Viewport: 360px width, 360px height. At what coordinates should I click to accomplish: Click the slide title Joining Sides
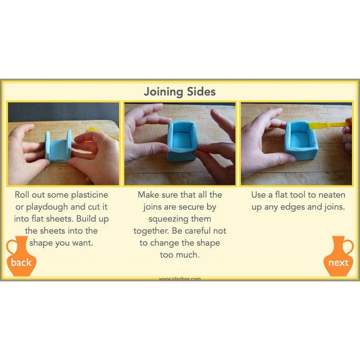[x=180, y=92]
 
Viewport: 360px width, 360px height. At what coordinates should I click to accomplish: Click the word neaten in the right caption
[x=331, y=195]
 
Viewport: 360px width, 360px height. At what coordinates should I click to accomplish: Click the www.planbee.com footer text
[x=180, y=279]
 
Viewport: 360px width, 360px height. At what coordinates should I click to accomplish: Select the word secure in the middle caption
[x=203, y=207]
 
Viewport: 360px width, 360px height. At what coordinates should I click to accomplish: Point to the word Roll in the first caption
[x=24, y=195]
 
